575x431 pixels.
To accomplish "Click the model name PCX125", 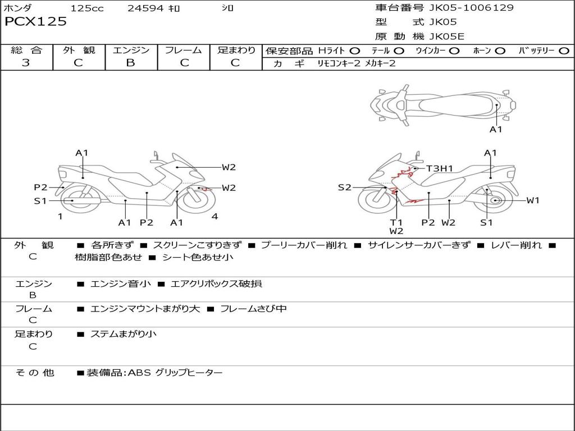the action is pos(35,22).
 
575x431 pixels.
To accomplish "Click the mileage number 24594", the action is pos(145,8).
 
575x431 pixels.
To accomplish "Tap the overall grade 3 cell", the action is pos(26,63).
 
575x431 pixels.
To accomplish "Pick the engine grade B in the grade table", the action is pos(130,63).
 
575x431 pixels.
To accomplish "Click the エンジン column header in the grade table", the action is pos(131,51).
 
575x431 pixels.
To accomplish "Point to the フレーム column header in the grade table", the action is pos(183,51).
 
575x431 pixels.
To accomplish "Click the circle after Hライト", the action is pos(355,51).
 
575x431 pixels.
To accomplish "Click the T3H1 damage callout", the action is pos(440,168).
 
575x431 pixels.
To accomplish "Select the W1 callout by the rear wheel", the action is pos(532,200).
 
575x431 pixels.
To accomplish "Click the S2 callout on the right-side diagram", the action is pos(344,187).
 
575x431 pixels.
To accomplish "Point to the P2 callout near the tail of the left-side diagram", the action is pos(40,187).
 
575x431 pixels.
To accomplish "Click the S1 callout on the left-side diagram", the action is pos(40,201).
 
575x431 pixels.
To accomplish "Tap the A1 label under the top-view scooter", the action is pos(496,130).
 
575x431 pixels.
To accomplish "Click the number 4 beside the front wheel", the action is pos(215,217).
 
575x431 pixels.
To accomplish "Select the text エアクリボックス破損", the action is pos(216,284).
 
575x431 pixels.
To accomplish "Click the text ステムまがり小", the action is pos(124,334).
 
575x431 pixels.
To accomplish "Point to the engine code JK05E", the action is pos(447,36).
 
